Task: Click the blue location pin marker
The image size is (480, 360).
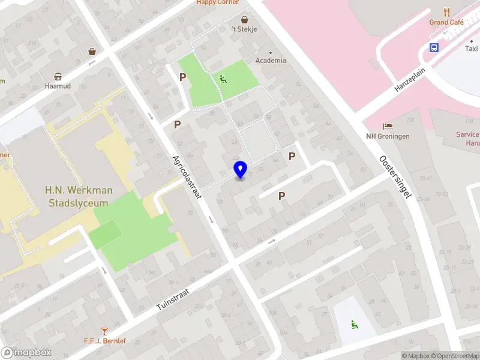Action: click(x=241, y=170)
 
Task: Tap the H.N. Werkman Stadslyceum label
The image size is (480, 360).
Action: click(x=79, y=196)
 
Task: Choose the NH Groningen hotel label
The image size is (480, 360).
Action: click(x=388, y=136)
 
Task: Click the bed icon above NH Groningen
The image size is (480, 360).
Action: click(x=388, y=126)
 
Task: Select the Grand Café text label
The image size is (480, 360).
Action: click(x=446, y=22)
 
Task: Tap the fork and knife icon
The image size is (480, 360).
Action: click(x=446, y=12)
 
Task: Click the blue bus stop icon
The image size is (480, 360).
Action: click(x=434, y=47)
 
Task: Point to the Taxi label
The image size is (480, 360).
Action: click(x=472, y=49)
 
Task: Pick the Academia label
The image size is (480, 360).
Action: click(x=271, y=61)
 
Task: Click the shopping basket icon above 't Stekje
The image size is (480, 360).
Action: click(x=245, y=19)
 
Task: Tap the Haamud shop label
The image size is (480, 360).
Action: click(x=58, y=86)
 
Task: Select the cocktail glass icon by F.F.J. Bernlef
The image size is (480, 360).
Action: click(x=105, y=331)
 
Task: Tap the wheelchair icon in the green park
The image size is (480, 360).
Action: click(x=223, y=79)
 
